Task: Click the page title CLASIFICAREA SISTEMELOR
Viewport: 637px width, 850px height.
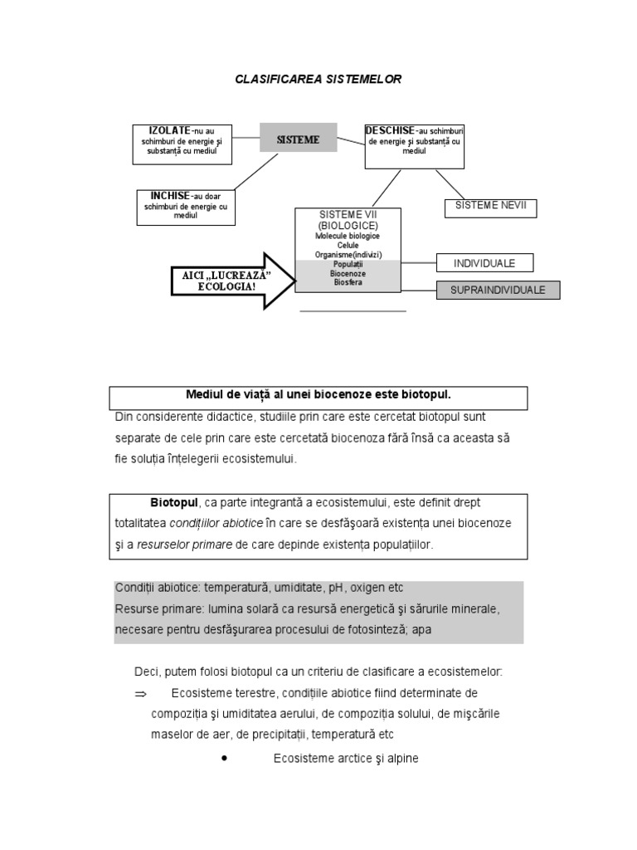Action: click(x=318, y=79)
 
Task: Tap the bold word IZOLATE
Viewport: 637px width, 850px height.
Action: click(x=170, y=131)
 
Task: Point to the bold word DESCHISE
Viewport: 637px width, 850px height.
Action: click(x=391, y=130)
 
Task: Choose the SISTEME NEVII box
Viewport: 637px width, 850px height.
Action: click(x=490, y=207)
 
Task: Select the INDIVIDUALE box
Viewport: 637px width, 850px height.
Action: click(x=484, y=263)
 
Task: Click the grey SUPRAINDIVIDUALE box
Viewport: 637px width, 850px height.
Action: click(x=498, y=290)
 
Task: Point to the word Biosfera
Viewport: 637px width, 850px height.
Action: click(x=348, y=282)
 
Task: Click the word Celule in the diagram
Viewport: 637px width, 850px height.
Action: click(x=348, y=245)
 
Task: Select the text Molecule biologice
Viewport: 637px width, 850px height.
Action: click(x=348, y=236)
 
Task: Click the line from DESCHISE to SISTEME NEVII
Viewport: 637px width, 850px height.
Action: click(x=450, y=184)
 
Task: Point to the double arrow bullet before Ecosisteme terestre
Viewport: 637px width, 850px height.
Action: click(x=140, y=693)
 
